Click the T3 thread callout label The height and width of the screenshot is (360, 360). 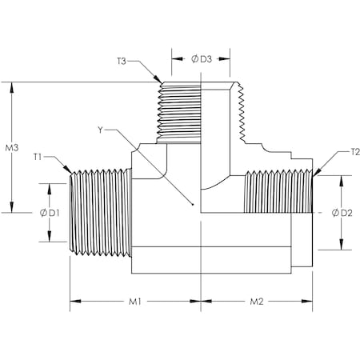[122, 60]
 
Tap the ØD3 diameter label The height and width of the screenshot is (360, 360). [202, 58]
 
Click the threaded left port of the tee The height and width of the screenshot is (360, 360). [101, 212]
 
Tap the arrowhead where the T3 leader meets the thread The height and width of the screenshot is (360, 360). [158, 80]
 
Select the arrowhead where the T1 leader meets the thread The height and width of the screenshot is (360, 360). [73, 174]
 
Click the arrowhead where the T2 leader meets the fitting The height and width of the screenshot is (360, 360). [316, 172]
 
